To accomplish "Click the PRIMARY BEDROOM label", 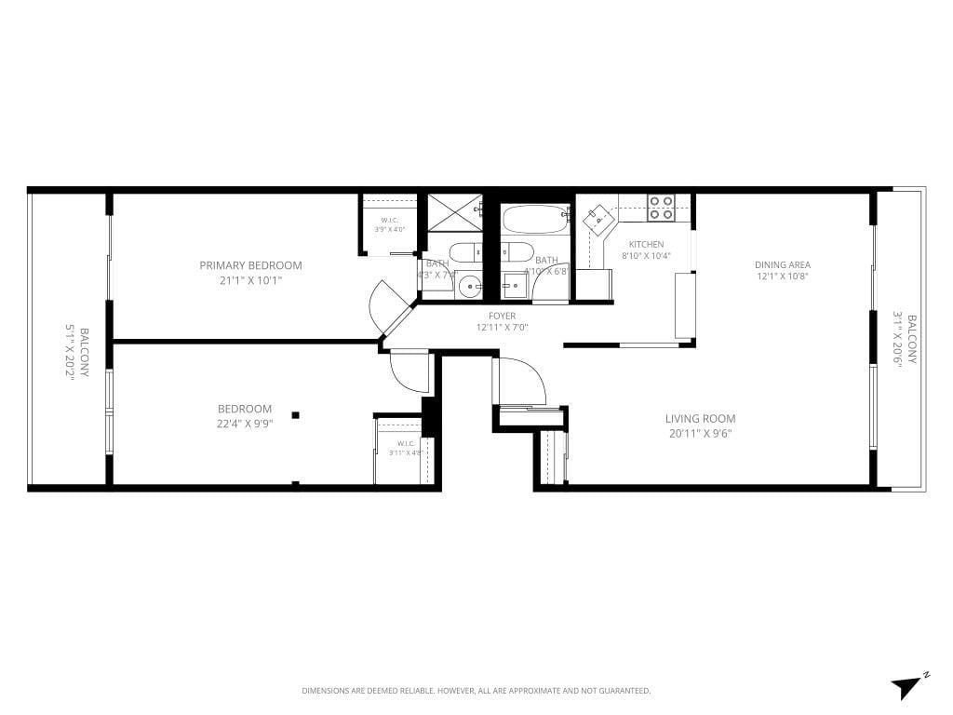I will [x=250, y=265].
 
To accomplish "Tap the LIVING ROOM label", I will [x=700, y=419].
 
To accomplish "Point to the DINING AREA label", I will [x=782, y=264].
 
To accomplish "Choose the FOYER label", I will [x=502, y=317].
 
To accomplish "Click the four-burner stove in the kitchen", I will [x=661, y=208].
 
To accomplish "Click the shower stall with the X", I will [x=454, y=212].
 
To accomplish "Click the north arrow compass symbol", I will [x=907, y=686].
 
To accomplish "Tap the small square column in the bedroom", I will [x=295, y=415].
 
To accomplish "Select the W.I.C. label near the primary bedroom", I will [x=390, y=221].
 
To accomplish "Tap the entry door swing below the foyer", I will [x=521, y=382].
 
